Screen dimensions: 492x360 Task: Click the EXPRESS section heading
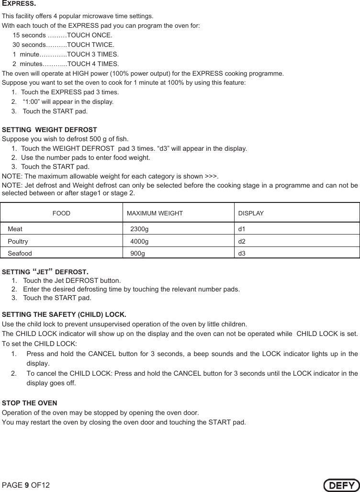tap(19, 4)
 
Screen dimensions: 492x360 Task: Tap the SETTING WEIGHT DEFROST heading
tap(50, 130)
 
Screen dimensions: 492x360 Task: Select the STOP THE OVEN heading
tap(30, 403)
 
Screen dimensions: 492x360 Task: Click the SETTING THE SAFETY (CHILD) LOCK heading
tap(64, 314)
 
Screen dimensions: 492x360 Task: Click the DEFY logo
tap(340, 485)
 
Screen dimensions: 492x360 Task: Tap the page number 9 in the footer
tap(27, 485)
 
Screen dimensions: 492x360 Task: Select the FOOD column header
tap(61, 213)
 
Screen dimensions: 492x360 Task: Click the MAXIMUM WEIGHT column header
tap(154, 213)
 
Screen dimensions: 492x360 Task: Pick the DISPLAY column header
tap(251, 213)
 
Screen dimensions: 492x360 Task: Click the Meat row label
tap(15, 229)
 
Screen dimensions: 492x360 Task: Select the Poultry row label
tap(18, 241)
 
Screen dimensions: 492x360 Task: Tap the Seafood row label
tap(20, 253)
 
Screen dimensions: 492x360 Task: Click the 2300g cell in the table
tap(139, 229)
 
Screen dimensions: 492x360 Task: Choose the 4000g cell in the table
tap(139, 241)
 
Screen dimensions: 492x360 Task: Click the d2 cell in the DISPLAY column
tap(242, 241)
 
